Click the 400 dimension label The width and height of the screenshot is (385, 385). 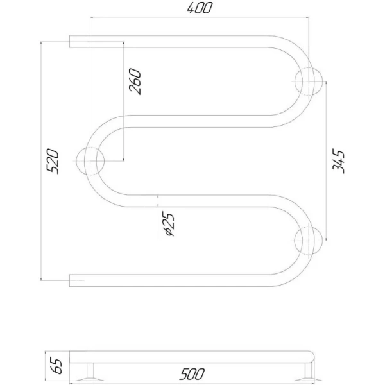click(199, 8)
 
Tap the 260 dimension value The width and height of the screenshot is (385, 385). click(135, 81)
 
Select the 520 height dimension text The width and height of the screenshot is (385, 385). click(53, 161)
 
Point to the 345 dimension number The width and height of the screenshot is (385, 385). click(338, 161)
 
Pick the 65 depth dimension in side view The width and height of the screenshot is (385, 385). click(57, 366)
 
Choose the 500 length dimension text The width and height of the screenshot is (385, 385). click(192, 373)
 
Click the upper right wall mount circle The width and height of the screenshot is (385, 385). click(309, 81)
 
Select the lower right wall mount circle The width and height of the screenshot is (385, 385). click(308, 241)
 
